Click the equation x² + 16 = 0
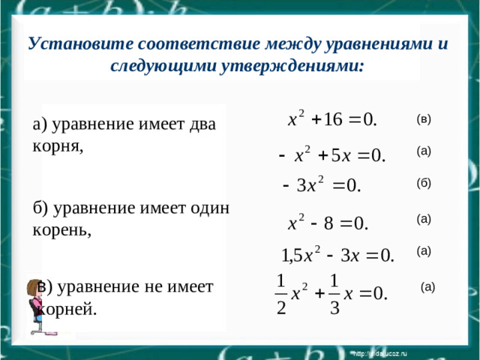332,119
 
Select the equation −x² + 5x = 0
331,156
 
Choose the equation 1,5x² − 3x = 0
337,255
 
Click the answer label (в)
424,118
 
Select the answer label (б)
424,183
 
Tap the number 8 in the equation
328,223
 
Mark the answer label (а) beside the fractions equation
427,286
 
